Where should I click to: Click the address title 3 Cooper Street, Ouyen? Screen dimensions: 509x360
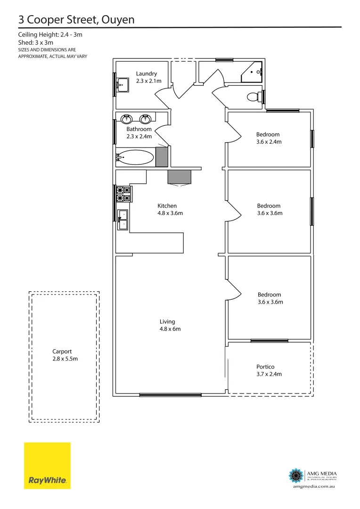pyautogui.click(x=76, y=19)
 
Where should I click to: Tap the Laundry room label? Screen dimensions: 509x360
pyautogui.click(x=147, y=74)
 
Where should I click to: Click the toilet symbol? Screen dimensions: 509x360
pyautogui.click(x=254, y=97)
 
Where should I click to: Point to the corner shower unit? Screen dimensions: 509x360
pyautogui.click(x=254, y=72)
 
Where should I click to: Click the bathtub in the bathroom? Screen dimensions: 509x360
pyautogui.click(x=136, y=157)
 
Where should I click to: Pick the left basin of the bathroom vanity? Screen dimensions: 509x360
pyautogui.click(x=127, y=118)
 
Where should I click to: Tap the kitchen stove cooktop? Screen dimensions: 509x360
pyautogui.click(x=123, y=195)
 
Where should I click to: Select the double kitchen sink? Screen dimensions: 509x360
pyautogui.click(x=122, y=220)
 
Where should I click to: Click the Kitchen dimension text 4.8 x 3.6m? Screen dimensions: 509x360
pyautogui.click(x=170, y=213)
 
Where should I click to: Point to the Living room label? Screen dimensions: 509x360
pyautogui.click(x=167, y=321)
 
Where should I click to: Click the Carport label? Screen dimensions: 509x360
pyautogui.click(x=62, y=351)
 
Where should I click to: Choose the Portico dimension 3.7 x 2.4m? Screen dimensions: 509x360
pyautogui.click(x=269, y=374)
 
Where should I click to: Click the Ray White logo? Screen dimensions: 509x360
pyautogui.click(x=47, y=465)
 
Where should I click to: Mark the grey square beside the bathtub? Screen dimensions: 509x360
pyautogui.click(x=162, y=156)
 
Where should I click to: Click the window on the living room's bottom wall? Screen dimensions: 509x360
pyautogui.click(x=171, y=394)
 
